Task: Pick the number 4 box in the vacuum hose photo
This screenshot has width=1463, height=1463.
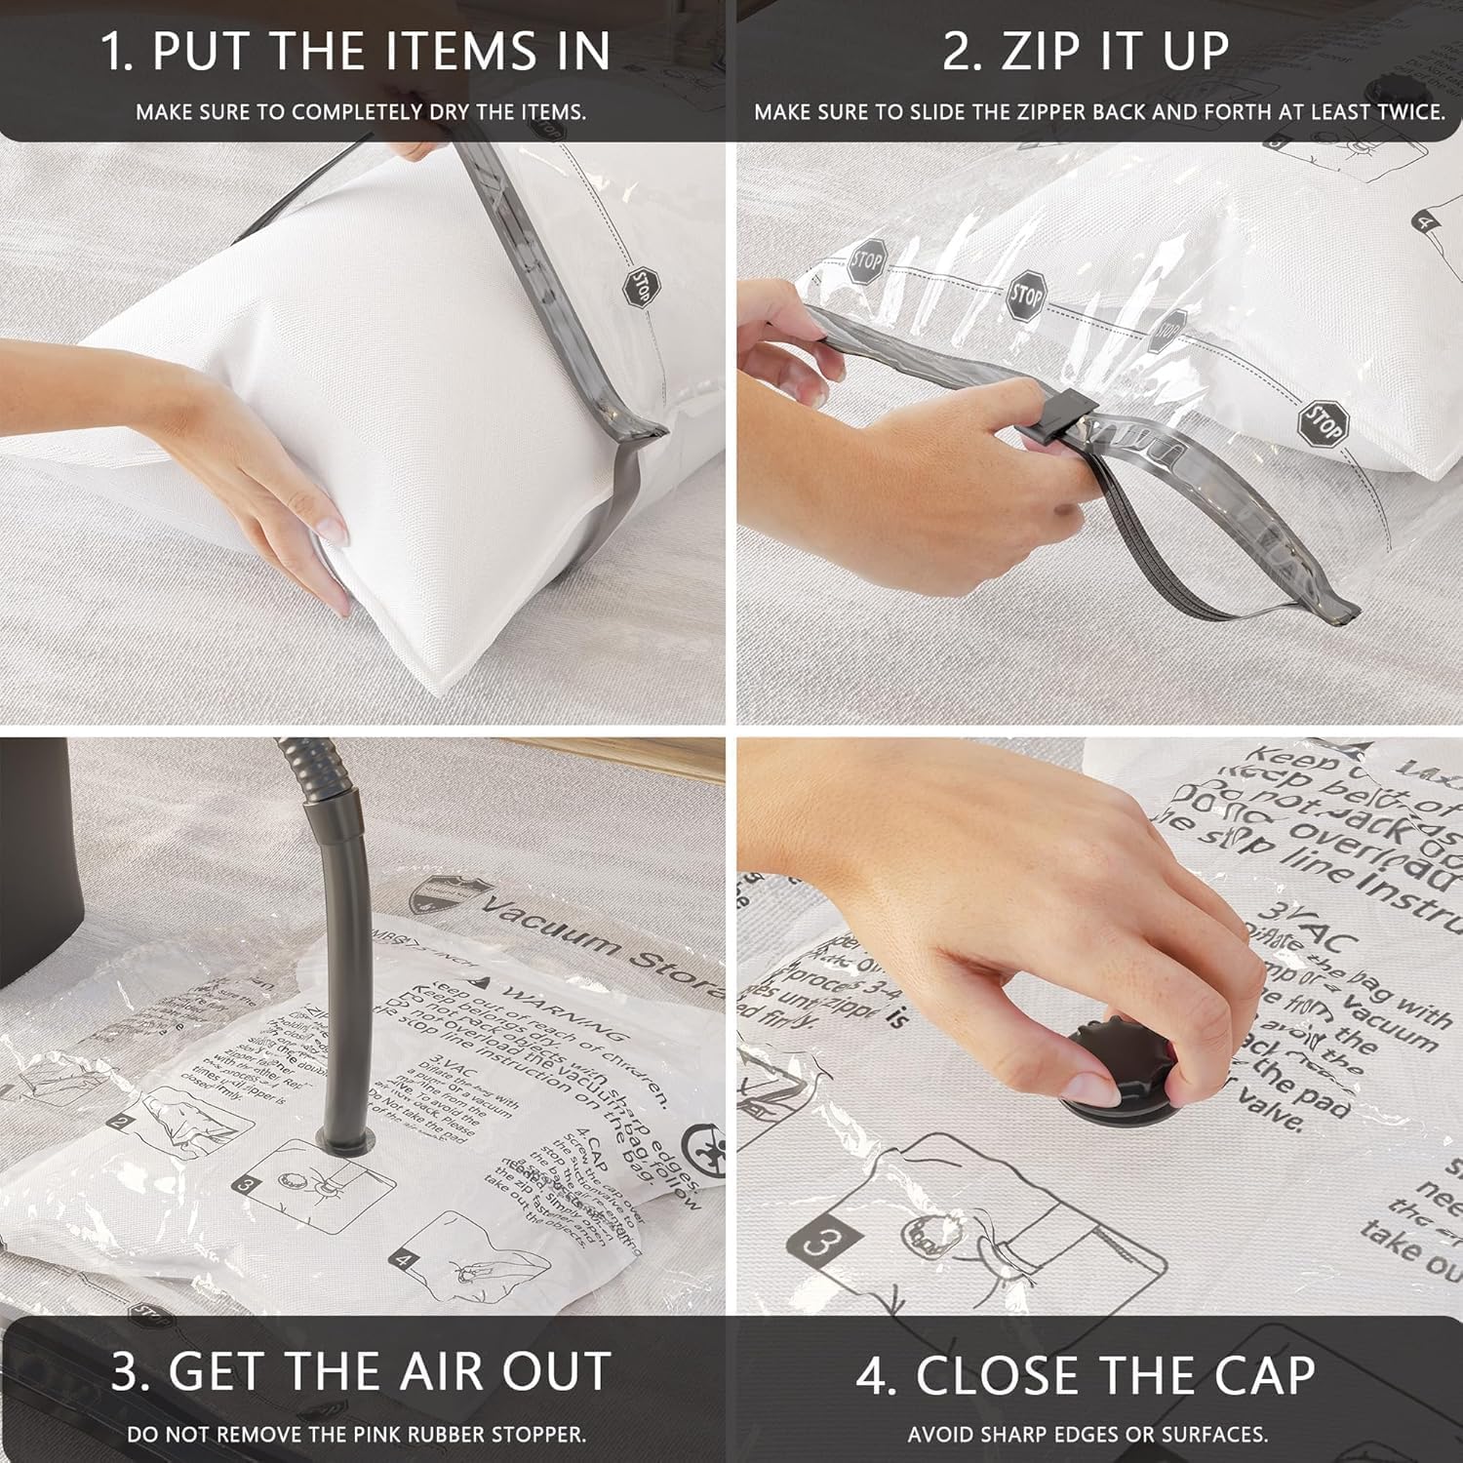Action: point(404,1260)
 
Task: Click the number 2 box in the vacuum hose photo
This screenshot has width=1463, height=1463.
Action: point(120,1122)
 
